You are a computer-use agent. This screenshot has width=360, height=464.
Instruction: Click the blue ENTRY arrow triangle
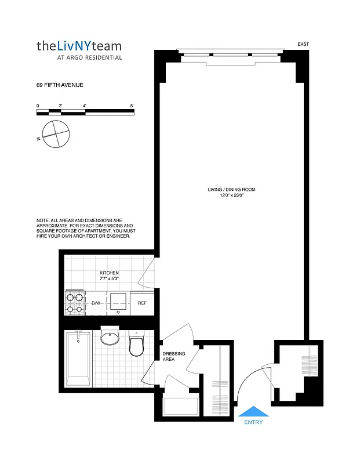coord(253,411)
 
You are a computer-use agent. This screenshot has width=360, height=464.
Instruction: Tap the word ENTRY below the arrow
coord(253,422)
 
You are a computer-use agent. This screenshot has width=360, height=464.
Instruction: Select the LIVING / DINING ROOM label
coord(231,190)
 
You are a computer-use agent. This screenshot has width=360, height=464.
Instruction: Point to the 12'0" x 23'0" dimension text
coord(231,196)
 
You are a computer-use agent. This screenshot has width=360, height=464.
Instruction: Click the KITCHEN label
coord(109,273)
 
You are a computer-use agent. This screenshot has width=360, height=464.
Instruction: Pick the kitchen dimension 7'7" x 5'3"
coord(109,279)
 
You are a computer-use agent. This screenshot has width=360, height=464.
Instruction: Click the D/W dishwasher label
coord(96,303)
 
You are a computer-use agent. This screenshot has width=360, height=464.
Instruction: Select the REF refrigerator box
coord(142,303)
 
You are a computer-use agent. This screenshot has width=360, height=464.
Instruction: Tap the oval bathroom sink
coord(110,338)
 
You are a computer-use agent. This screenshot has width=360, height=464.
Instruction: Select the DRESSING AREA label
coord(173,357)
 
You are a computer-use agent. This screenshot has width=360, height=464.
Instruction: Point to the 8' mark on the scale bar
coord(132,106)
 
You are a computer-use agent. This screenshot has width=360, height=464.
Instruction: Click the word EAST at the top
coord(303,44)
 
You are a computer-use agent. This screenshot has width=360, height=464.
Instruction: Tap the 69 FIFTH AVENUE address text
coord(60,85)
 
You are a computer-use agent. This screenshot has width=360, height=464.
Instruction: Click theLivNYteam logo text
coord(79,45)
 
